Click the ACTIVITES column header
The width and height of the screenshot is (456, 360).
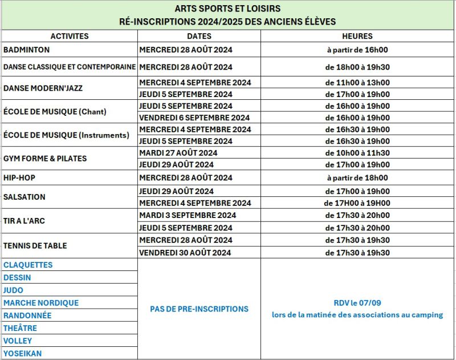(x=70, y=36)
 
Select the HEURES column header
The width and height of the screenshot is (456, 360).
(x=358, y=36)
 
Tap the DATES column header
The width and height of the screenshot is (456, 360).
(x=199, y=36)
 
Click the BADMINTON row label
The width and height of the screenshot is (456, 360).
(x=27, y=50)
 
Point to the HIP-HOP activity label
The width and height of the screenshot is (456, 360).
(x=19, y=178)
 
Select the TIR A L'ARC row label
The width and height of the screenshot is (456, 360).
(x=24, y=221)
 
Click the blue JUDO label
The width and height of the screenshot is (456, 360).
(x=14, y=290)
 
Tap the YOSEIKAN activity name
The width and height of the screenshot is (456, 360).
(x=23, y=354)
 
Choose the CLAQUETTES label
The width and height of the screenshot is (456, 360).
(x=28, y=265)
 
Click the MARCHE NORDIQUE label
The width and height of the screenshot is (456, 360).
(x=41, y=303)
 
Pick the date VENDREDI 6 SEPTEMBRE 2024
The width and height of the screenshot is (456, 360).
(x=194, y=118)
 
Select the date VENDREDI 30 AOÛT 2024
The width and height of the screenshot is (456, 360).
(x=185, y=253)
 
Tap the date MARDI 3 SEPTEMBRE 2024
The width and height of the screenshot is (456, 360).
(x=188, y=216)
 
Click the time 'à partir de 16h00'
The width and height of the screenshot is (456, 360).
(x=357, y=50)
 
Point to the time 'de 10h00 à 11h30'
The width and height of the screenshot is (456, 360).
(x=357, y=153)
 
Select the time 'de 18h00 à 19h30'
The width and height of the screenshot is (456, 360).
(x=357, y=67)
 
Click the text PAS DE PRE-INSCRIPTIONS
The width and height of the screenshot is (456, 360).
(x=199, y=309)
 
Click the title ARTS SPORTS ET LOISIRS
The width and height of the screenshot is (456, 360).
(x=227, y=9)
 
